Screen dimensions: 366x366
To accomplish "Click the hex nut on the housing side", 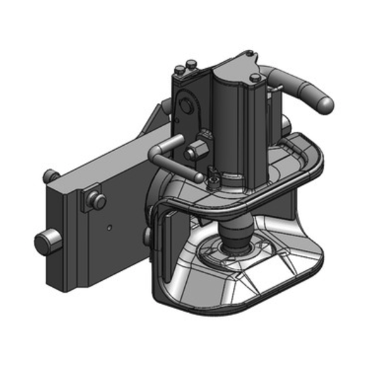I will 195,151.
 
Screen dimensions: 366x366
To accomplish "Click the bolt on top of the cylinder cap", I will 255,78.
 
